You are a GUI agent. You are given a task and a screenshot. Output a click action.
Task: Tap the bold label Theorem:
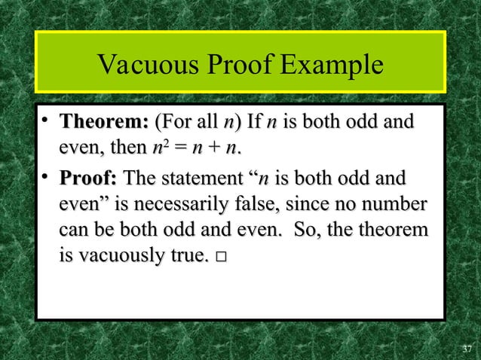[103, 122]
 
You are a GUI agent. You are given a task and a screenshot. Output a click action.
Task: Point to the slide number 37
[467, 349]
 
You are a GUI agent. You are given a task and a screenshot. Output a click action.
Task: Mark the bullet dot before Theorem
[46, 121]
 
